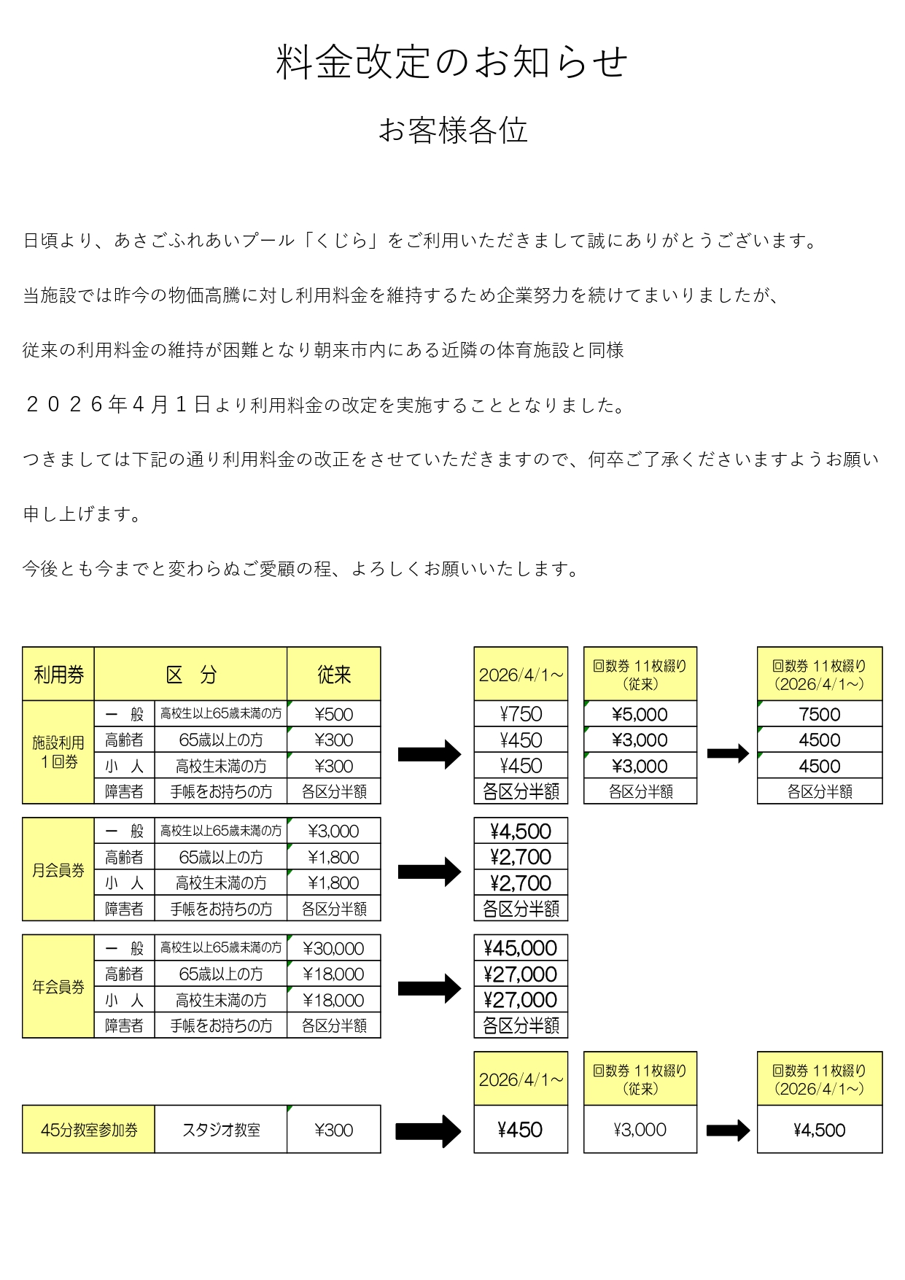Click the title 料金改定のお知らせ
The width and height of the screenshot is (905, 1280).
click(x=452, y=62)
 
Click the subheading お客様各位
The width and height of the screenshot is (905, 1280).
click(x=453, y=131)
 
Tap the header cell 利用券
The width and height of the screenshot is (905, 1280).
click(x=58, y=675)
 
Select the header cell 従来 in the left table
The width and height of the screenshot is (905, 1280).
click(x=334, y=675)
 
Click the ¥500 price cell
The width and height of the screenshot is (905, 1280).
click(x=334, y=714)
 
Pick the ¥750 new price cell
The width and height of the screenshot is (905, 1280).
click(x=521, y=714)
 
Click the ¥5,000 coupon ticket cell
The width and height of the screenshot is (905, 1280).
click(x=640, y=714)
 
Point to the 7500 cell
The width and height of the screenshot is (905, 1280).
click(x=820, y=714)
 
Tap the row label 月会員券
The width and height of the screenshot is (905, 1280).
click(x=58, y=870)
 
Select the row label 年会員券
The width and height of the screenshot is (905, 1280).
click(x=58, y=987)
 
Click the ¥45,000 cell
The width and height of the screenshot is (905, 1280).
click(x=521, y=948)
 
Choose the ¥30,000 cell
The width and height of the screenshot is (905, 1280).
click(x=334, y=948)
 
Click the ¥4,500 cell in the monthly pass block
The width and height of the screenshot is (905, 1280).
click(x=521, y=831)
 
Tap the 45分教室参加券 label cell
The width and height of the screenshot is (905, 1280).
click(x=89, y=1130)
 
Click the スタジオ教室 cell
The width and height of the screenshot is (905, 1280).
click(x=221, y=1130)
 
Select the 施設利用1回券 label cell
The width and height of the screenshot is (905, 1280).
click(x=58, y=752)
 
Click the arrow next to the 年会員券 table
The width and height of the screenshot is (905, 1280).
click(x=430, y=988)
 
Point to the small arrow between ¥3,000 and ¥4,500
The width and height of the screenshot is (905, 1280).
click(x=728, y=1130)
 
